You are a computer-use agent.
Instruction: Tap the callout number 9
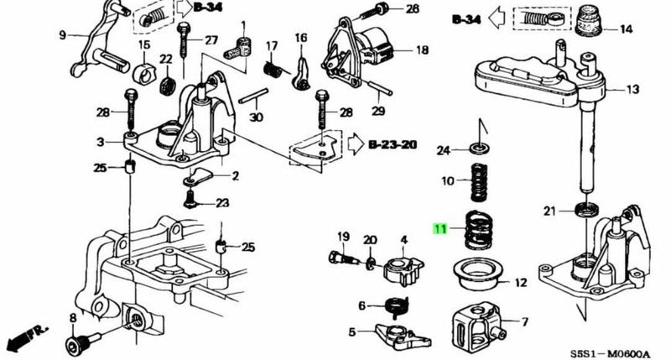click(x=61, y=35)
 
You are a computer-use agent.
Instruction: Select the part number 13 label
click(x=632, y=89)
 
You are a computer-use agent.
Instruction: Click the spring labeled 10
click(x=478, y=181)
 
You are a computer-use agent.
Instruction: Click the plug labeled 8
click(x=79, y=341)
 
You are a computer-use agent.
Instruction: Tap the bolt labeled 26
click(x=382, y=9)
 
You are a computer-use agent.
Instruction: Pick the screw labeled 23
click(x=192, y=201)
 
